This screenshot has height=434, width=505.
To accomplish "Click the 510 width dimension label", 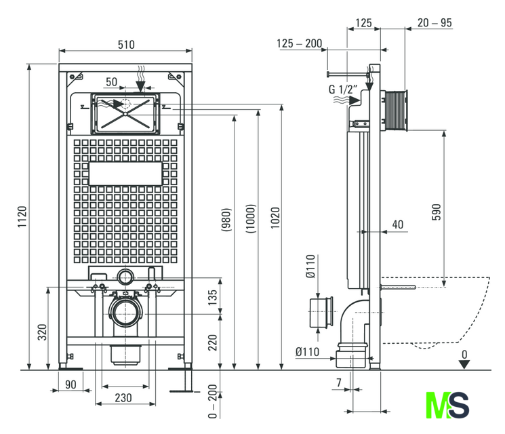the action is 126,45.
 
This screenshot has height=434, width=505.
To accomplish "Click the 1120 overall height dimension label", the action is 22,217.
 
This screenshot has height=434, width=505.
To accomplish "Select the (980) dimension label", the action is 226,220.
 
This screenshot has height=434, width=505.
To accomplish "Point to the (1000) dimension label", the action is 251,218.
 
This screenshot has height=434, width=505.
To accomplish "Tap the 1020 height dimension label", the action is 275,218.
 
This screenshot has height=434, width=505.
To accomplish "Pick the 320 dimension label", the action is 42,332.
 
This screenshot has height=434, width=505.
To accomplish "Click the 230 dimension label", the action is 123,398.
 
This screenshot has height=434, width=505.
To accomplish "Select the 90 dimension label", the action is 70,384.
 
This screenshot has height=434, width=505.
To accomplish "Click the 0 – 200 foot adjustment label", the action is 213,401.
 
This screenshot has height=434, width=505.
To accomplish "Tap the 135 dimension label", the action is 213,298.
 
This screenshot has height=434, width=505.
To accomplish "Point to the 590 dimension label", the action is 436,212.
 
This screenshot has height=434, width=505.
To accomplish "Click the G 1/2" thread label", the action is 343,89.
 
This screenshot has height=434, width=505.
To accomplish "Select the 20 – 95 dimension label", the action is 435,23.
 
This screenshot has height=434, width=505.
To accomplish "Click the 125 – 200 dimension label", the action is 299,43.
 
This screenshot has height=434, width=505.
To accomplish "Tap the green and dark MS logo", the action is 447,405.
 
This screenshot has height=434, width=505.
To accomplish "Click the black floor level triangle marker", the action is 464,364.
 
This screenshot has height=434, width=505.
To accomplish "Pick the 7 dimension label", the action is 339,382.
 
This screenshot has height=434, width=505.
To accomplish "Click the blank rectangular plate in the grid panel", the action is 125,174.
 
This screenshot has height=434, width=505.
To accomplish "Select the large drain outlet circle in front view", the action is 125,312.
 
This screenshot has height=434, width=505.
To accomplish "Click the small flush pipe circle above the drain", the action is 125,277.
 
